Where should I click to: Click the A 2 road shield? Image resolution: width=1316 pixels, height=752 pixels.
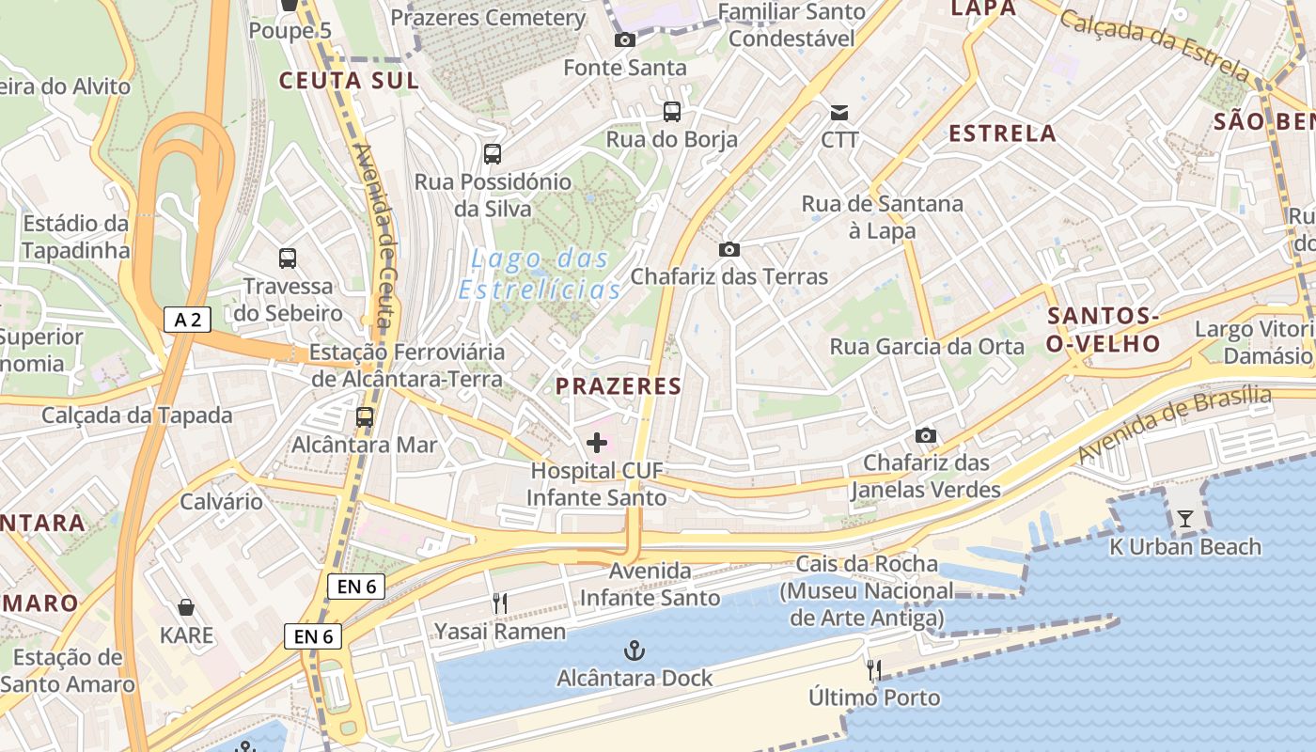187,320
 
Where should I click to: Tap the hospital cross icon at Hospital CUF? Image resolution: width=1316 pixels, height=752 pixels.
597,442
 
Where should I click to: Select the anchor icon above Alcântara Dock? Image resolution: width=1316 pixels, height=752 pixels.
635,650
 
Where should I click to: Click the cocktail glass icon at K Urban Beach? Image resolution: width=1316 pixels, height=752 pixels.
1185,519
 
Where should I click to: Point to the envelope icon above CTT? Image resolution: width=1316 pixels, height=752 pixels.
839,113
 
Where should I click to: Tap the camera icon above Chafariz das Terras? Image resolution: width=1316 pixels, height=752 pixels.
728,249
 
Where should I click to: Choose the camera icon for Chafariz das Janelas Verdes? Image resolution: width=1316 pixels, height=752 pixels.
926,435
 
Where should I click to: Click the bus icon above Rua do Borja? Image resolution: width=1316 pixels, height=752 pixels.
672,112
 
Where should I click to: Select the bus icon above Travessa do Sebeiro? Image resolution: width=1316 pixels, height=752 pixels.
288,258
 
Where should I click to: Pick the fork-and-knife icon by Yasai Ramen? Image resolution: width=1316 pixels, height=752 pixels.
500,603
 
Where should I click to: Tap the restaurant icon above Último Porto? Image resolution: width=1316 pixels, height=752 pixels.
874,669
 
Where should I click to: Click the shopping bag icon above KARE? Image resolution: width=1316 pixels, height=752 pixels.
186,607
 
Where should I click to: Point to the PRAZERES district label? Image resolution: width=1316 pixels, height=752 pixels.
618,386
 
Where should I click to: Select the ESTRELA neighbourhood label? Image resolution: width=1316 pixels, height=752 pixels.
1002,133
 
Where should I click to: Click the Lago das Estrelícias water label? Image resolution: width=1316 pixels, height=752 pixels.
540,274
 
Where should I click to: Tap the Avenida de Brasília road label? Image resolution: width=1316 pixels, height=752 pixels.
1174,425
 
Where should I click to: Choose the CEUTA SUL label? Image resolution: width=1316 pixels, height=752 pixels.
349,81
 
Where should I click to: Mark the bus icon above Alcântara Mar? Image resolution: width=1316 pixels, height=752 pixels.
365,417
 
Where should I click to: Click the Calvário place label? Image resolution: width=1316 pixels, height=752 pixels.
222,501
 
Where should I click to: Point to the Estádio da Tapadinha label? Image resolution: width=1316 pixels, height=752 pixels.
75,237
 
